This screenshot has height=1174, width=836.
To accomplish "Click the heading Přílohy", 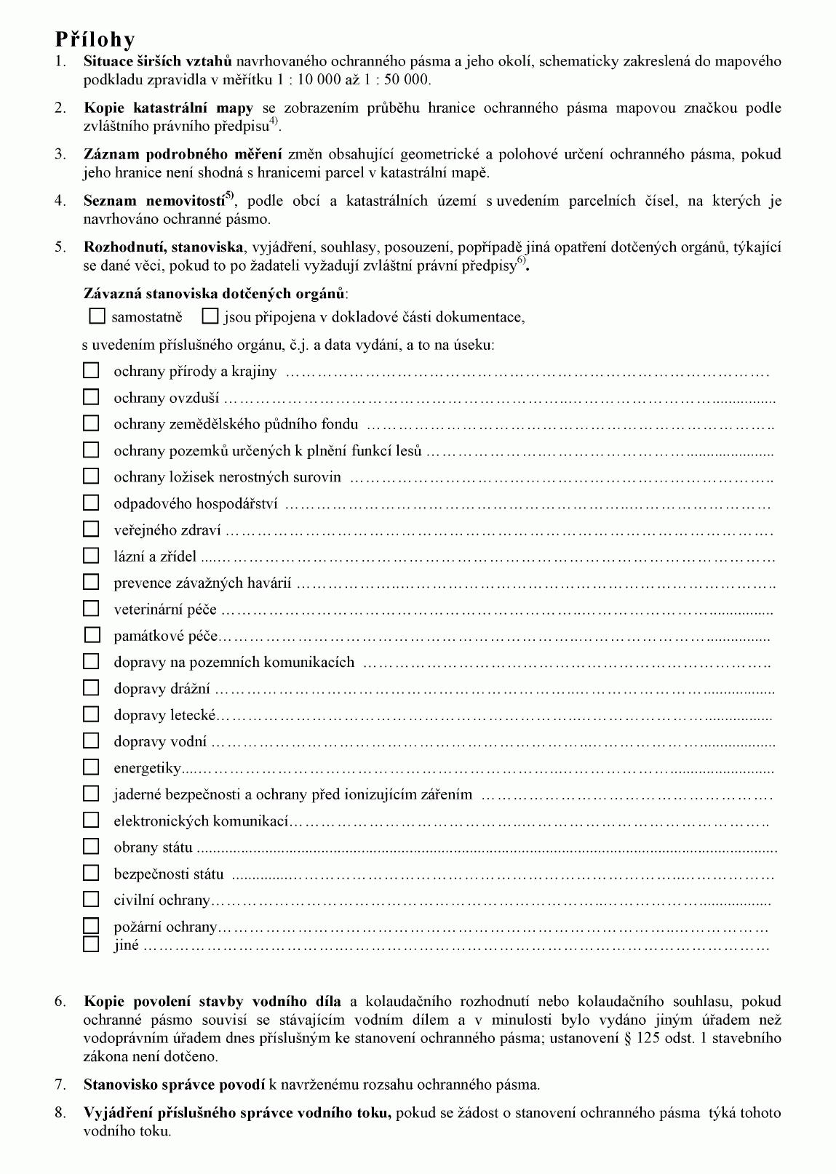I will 95,39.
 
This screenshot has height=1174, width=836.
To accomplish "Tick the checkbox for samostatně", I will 97,316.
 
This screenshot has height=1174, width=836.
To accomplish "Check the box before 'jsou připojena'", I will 210,316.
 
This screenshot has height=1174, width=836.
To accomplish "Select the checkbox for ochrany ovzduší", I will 91,397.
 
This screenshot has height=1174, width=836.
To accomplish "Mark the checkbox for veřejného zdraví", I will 91,530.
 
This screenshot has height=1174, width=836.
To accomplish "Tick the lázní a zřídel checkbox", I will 91,556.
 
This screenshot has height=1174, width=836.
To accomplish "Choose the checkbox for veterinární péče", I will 91,609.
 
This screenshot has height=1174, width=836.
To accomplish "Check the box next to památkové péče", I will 92,635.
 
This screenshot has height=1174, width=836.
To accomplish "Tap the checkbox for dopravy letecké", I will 91,714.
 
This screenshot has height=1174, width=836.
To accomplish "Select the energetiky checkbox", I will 91,767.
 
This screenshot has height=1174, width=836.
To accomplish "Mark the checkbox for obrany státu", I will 91,847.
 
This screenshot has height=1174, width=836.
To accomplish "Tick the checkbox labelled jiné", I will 91,945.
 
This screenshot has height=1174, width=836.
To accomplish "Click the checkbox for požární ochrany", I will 91,926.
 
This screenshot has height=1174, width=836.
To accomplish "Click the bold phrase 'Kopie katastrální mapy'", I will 168,108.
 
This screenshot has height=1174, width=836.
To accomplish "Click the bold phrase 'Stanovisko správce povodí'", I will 174,1085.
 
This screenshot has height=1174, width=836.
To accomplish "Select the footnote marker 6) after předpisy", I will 521,262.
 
